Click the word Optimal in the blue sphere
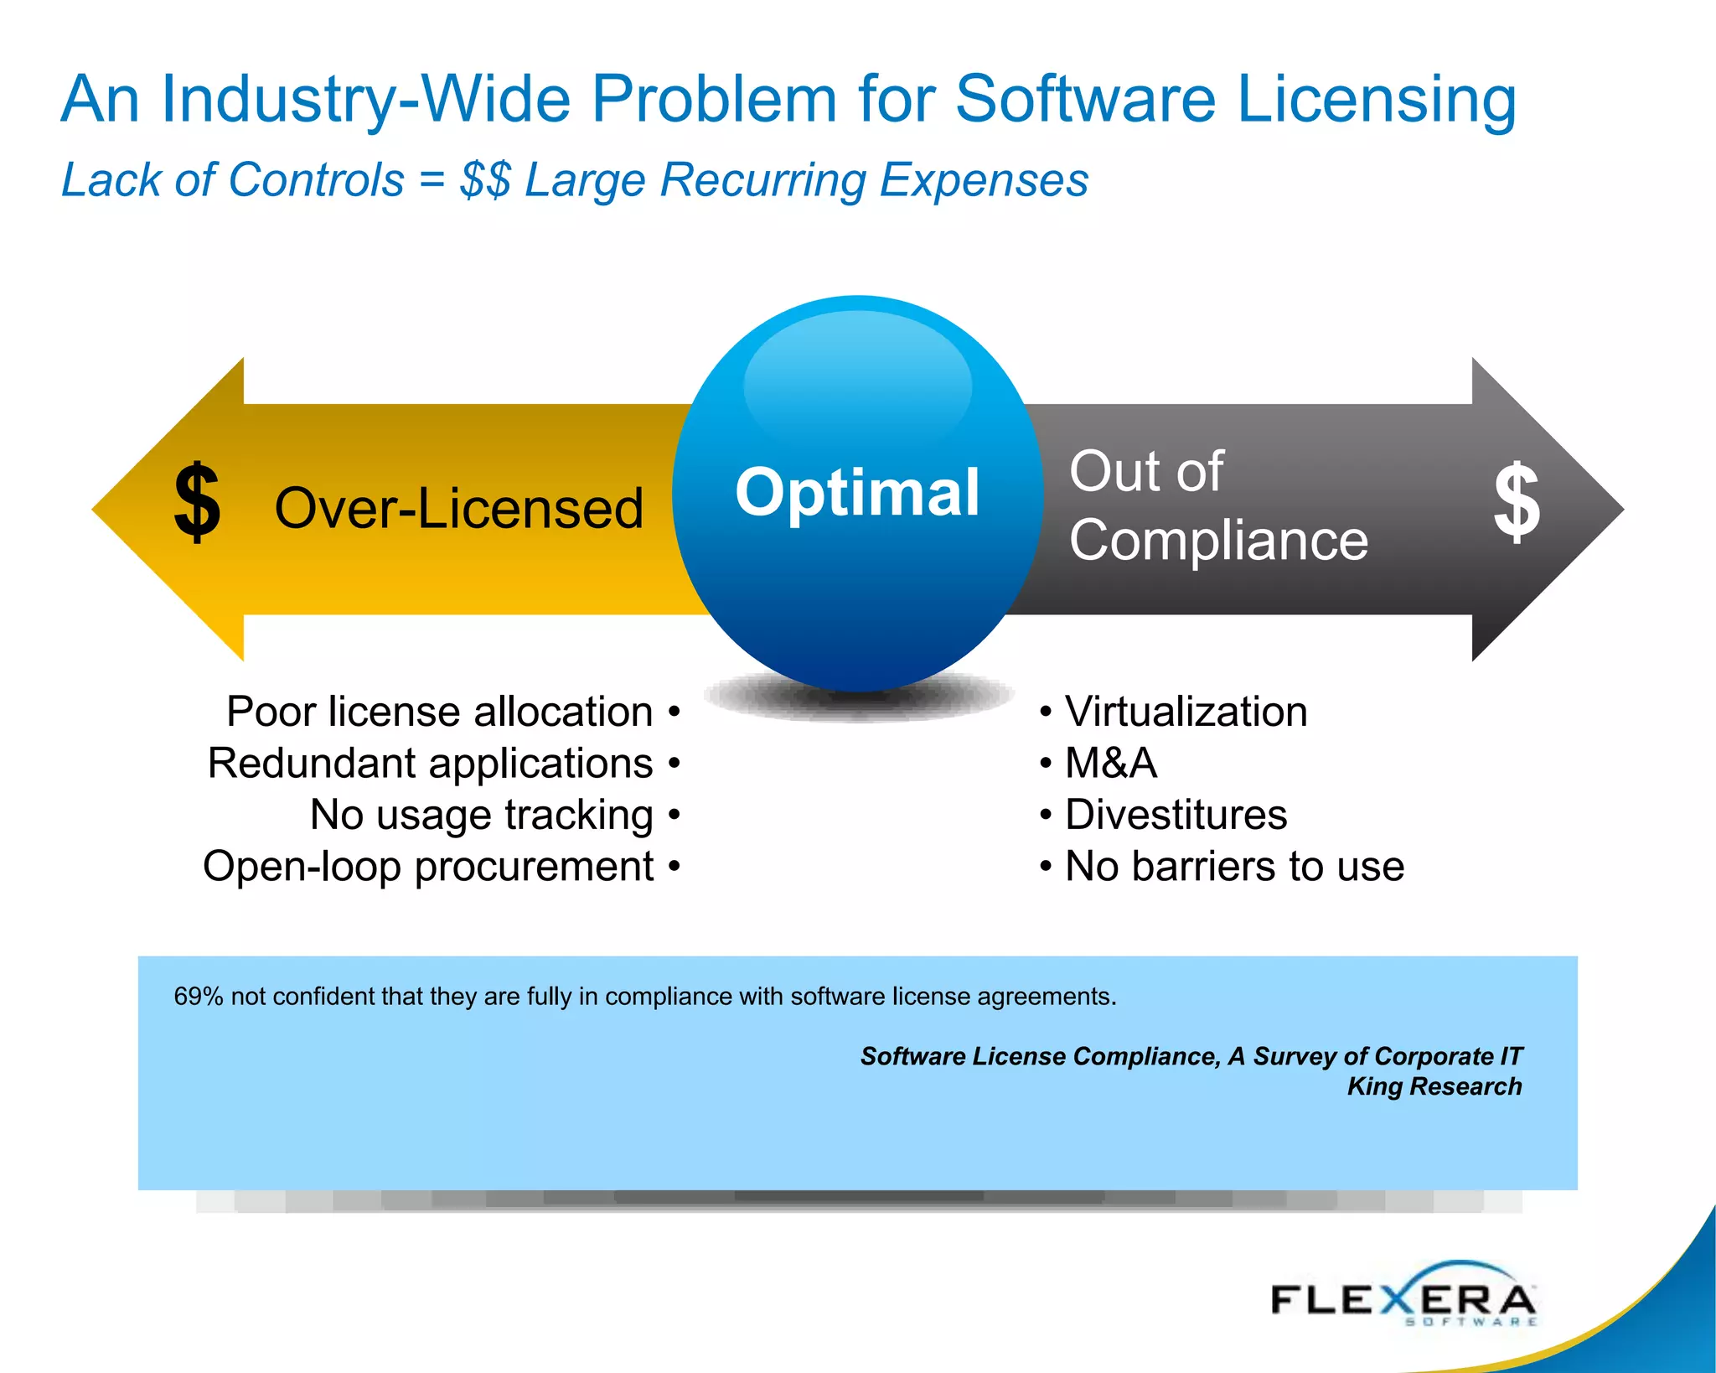click(856, 492)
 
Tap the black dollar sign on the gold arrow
click(197, 502)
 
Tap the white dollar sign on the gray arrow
click(1517, 502)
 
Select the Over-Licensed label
click(458, 509)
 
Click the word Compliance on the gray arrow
click(1218, 540)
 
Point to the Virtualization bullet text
click(1186, 712)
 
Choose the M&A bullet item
click(1110, 764)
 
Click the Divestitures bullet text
click(1176, 815)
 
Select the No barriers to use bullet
click(1234, 866)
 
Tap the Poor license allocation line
click(440, 712)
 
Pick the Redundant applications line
click(430, 764)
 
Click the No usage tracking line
click(482, 815)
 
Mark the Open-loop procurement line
click(428, 866)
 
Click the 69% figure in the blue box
click(199, 997)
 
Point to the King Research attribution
click(1434, 1086)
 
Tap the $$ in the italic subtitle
click(485, 180)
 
